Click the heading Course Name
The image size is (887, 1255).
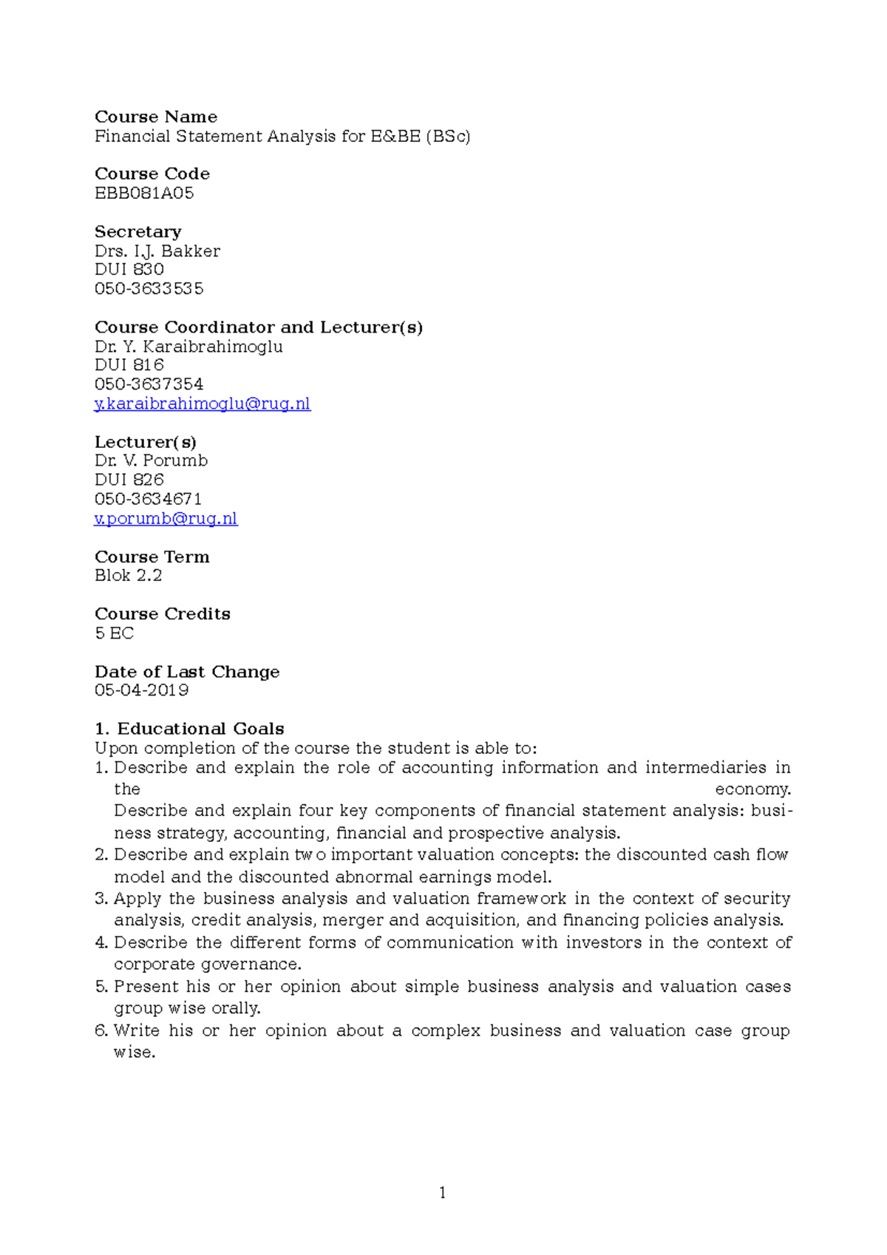click(x=155, y=117)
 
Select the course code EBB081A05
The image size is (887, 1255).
click(x=144, y=193)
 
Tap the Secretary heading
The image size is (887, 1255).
click(x=137, y=231)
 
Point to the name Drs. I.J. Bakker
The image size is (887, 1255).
click(x=157, y=251)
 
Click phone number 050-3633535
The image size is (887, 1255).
click(x=149, y=289)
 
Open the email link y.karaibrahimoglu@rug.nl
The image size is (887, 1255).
click(x=202, y=404)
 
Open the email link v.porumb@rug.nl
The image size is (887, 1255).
click(x=166, y=519)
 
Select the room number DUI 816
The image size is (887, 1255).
click(x=129, y=365)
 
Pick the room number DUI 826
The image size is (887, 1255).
click(x=129, y=480)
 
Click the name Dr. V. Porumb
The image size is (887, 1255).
click(x=151, y=460)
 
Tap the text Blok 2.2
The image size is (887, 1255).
click(x=128, y=576)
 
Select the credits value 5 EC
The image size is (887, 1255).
click(x=114, y=633)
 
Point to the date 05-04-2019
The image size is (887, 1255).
click(x=141, y=690)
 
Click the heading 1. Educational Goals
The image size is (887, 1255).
click(x=189, y=729)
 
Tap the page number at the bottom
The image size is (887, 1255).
click(x=442, y=1192)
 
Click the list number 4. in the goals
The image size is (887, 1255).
click(x=101, y=942)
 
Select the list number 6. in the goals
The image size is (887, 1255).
click(x=101, y=1030)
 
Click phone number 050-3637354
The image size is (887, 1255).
click(x=149, y=384)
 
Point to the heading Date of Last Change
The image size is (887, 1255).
click(x=187, y=672)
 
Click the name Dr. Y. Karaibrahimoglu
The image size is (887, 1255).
click(x=188, y=347)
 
